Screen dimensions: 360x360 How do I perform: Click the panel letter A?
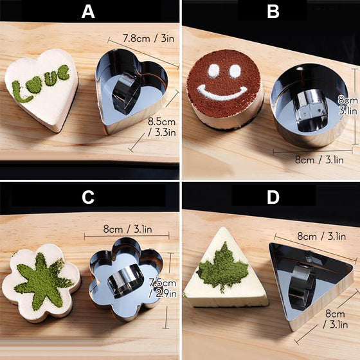tap(88, 12)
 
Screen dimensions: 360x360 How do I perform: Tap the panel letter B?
tap(273, 12)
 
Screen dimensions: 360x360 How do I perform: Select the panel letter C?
tap(88, 197)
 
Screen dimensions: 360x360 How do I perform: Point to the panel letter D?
tap(273, 197)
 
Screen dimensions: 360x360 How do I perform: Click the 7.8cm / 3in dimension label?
tap(148, 39)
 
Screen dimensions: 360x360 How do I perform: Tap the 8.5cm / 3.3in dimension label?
tap(161, 127)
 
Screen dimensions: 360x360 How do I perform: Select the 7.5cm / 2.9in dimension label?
tap(163, 288)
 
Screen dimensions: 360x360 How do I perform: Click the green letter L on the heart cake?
tap(21, 92)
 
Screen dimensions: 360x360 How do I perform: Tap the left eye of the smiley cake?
tap(213, 71)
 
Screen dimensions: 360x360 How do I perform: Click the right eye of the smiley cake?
tap(235, 71)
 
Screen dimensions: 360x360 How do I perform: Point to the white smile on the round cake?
tap(222, 93)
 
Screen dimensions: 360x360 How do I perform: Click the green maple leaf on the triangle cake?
tap(222, 267)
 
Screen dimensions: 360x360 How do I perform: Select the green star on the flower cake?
tap(43, 280)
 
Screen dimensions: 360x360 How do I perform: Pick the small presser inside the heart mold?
tap(126, 93)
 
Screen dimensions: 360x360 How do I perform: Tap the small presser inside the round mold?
tap(311, 111)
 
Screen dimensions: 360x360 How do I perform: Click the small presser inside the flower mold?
tap(126, 281)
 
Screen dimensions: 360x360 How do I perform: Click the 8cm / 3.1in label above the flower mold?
tap(127, 229)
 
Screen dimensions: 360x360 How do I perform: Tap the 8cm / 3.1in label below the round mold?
tap(319, 159)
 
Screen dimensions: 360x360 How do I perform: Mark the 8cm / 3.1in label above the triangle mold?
tap(321, 236)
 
